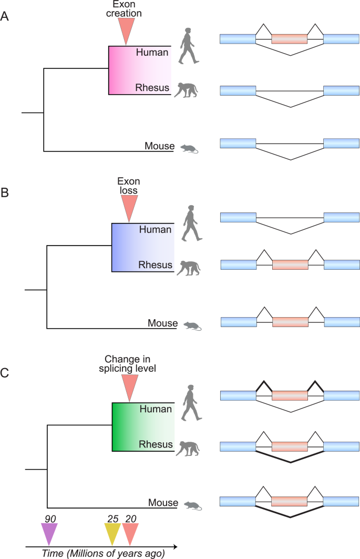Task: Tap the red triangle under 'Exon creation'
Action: tap(126, 29)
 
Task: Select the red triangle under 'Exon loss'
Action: tap(129, 207)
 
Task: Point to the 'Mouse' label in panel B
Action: tap(162, 323)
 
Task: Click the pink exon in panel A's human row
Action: tap(289, 38)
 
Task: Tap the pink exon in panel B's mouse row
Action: tap(290, 322)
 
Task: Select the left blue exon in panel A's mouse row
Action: tap(238, 143)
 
